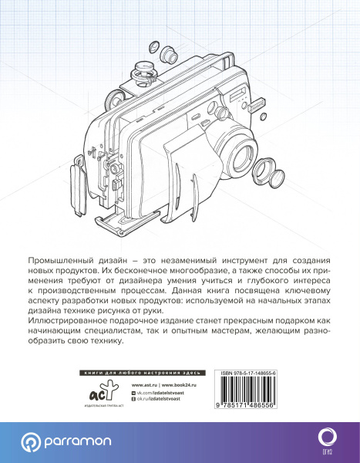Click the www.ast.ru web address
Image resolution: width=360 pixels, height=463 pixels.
click(x=145, y=384)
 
